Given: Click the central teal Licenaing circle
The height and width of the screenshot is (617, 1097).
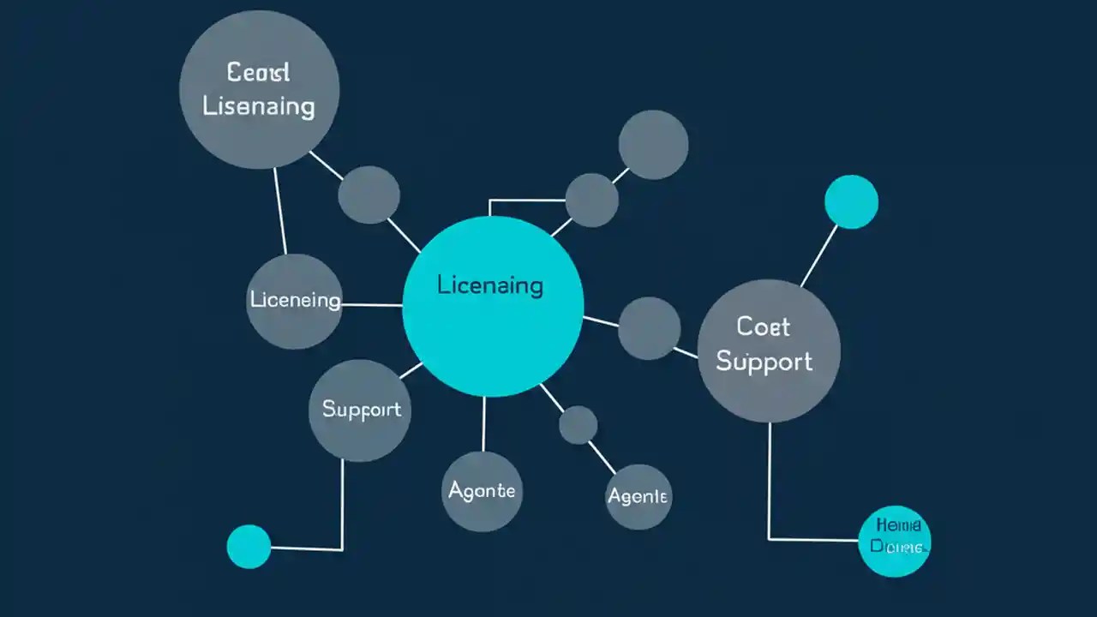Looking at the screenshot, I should pyautogui.click(x=493, y=307).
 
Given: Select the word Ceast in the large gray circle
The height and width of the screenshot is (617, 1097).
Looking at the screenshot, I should pyautogui.click(x=258, y=73).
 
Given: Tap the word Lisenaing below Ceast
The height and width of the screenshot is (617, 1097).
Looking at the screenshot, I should pyautogui.click(x=258, y=107).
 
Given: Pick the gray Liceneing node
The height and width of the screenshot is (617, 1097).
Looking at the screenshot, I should pyautogui.click(x=294, y=301).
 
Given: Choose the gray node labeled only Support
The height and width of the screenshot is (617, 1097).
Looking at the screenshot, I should pyautogui.click(x=361, y=410).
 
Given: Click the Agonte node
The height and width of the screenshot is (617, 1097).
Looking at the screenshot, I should pyautogui.click(x=482, y=491).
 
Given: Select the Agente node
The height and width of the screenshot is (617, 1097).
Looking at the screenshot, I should pyautogui.click(x=638, y=496).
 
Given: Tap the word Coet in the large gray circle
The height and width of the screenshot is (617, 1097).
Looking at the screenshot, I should pyautogui.click(x=763, y=326).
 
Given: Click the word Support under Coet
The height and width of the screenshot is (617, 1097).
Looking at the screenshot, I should pyautogui.click(x=764, y=362).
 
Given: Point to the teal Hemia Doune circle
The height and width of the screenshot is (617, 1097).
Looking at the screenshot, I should pyautogui.click(x=894, y=540).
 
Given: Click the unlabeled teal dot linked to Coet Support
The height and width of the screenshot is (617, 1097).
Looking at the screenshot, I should pyautogui.click(x=851, y=202).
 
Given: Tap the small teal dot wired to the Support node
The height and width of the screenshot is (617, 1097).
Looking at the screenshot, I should pyautogui.click(x=249, y=547).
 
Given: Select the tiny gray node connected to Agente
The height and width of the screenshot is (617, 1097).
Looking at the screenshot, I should pyautogui.click(x=578, y=425).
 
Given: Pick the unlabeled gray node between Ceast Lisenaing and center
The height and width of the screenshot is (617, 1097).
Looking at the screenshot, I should pyautogui.click(x=369, y=195).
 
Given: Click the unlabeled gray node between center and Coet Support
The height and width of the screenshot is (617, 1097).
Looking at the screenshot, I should pyautogui.click(x=649, y=328).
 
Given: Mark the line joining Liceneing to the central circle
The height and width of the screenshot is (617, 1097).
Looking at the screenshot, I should pyautogui.click(x=371, y=304).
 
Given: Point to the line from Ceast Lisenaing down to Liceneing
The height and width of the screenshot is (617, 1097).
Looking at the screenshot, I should pyautogui.click(x=279, y=210).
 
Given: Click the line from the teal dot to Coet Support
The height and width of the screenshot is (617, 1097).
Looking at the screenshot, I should pyautogui.click(x=818, y=255).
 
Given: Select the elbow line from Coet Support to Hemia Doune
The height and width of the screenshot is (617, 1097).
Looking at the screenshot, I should pyautogui.click(x=769, y=488).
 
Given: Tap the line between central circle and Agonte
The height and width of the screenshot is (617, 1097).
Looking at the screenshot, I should pyautogui.click(x=483, y=424).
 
